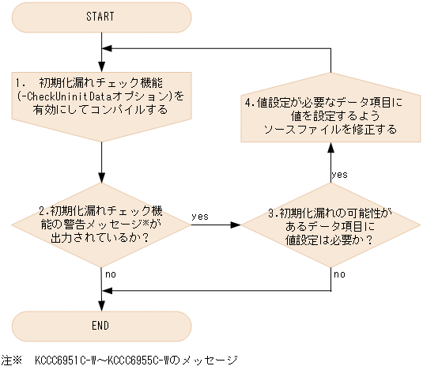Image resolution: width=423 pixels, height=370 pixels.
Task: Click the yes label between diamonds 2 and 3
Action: (200, 214)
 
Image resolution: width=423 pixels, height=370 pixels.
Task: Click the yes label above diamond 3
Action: (340, 173)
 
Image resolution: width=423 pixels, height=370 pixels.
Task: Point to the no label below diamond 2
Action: (111, 274)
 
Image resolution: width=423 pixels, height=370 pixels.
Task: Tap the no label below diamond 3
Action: (338, 274)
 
